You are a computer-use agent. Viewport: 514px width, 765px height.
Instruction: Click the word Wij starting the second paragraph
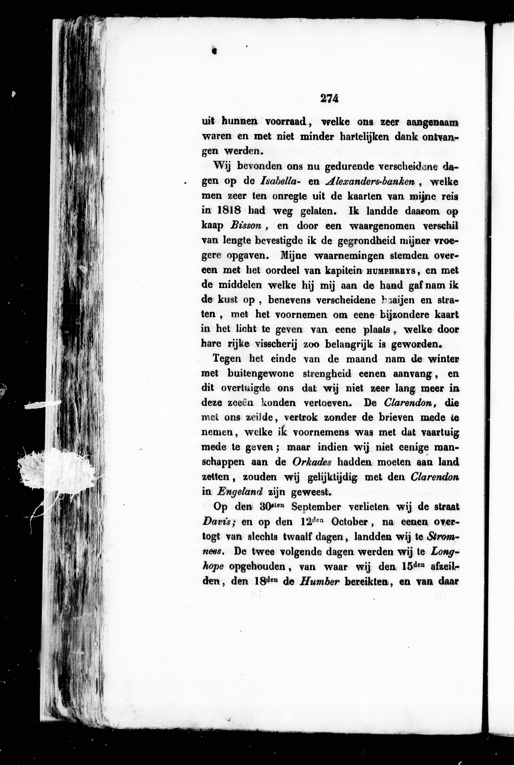(x=223, y=166)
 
